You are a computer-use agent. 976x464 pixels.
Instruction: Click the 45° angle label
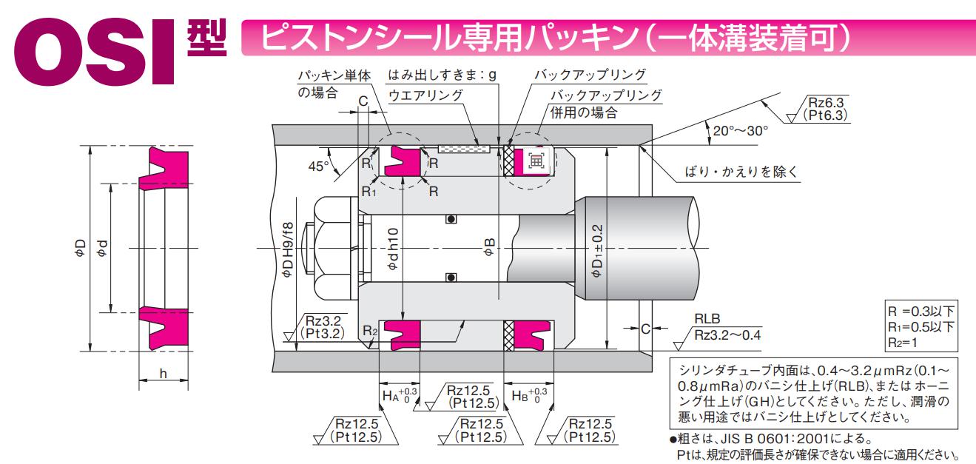coord(318,166)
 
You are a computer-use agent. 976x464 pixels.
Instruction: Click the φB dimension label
coord(488,248)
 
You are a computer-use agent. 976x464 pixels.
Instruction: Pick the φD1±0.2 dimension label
coord(597,249)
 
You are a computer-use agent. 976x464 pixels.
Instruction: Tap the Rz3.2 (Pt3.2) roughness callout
coord(323,327)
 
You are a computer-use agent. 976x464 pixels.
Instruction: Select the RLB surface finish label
coord(707,319)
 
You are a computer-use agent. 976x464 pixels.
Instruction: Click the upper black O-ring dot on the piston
coord(449,219)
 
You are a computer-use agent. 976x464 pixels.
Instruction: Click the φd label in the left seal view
coord(101,248)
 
